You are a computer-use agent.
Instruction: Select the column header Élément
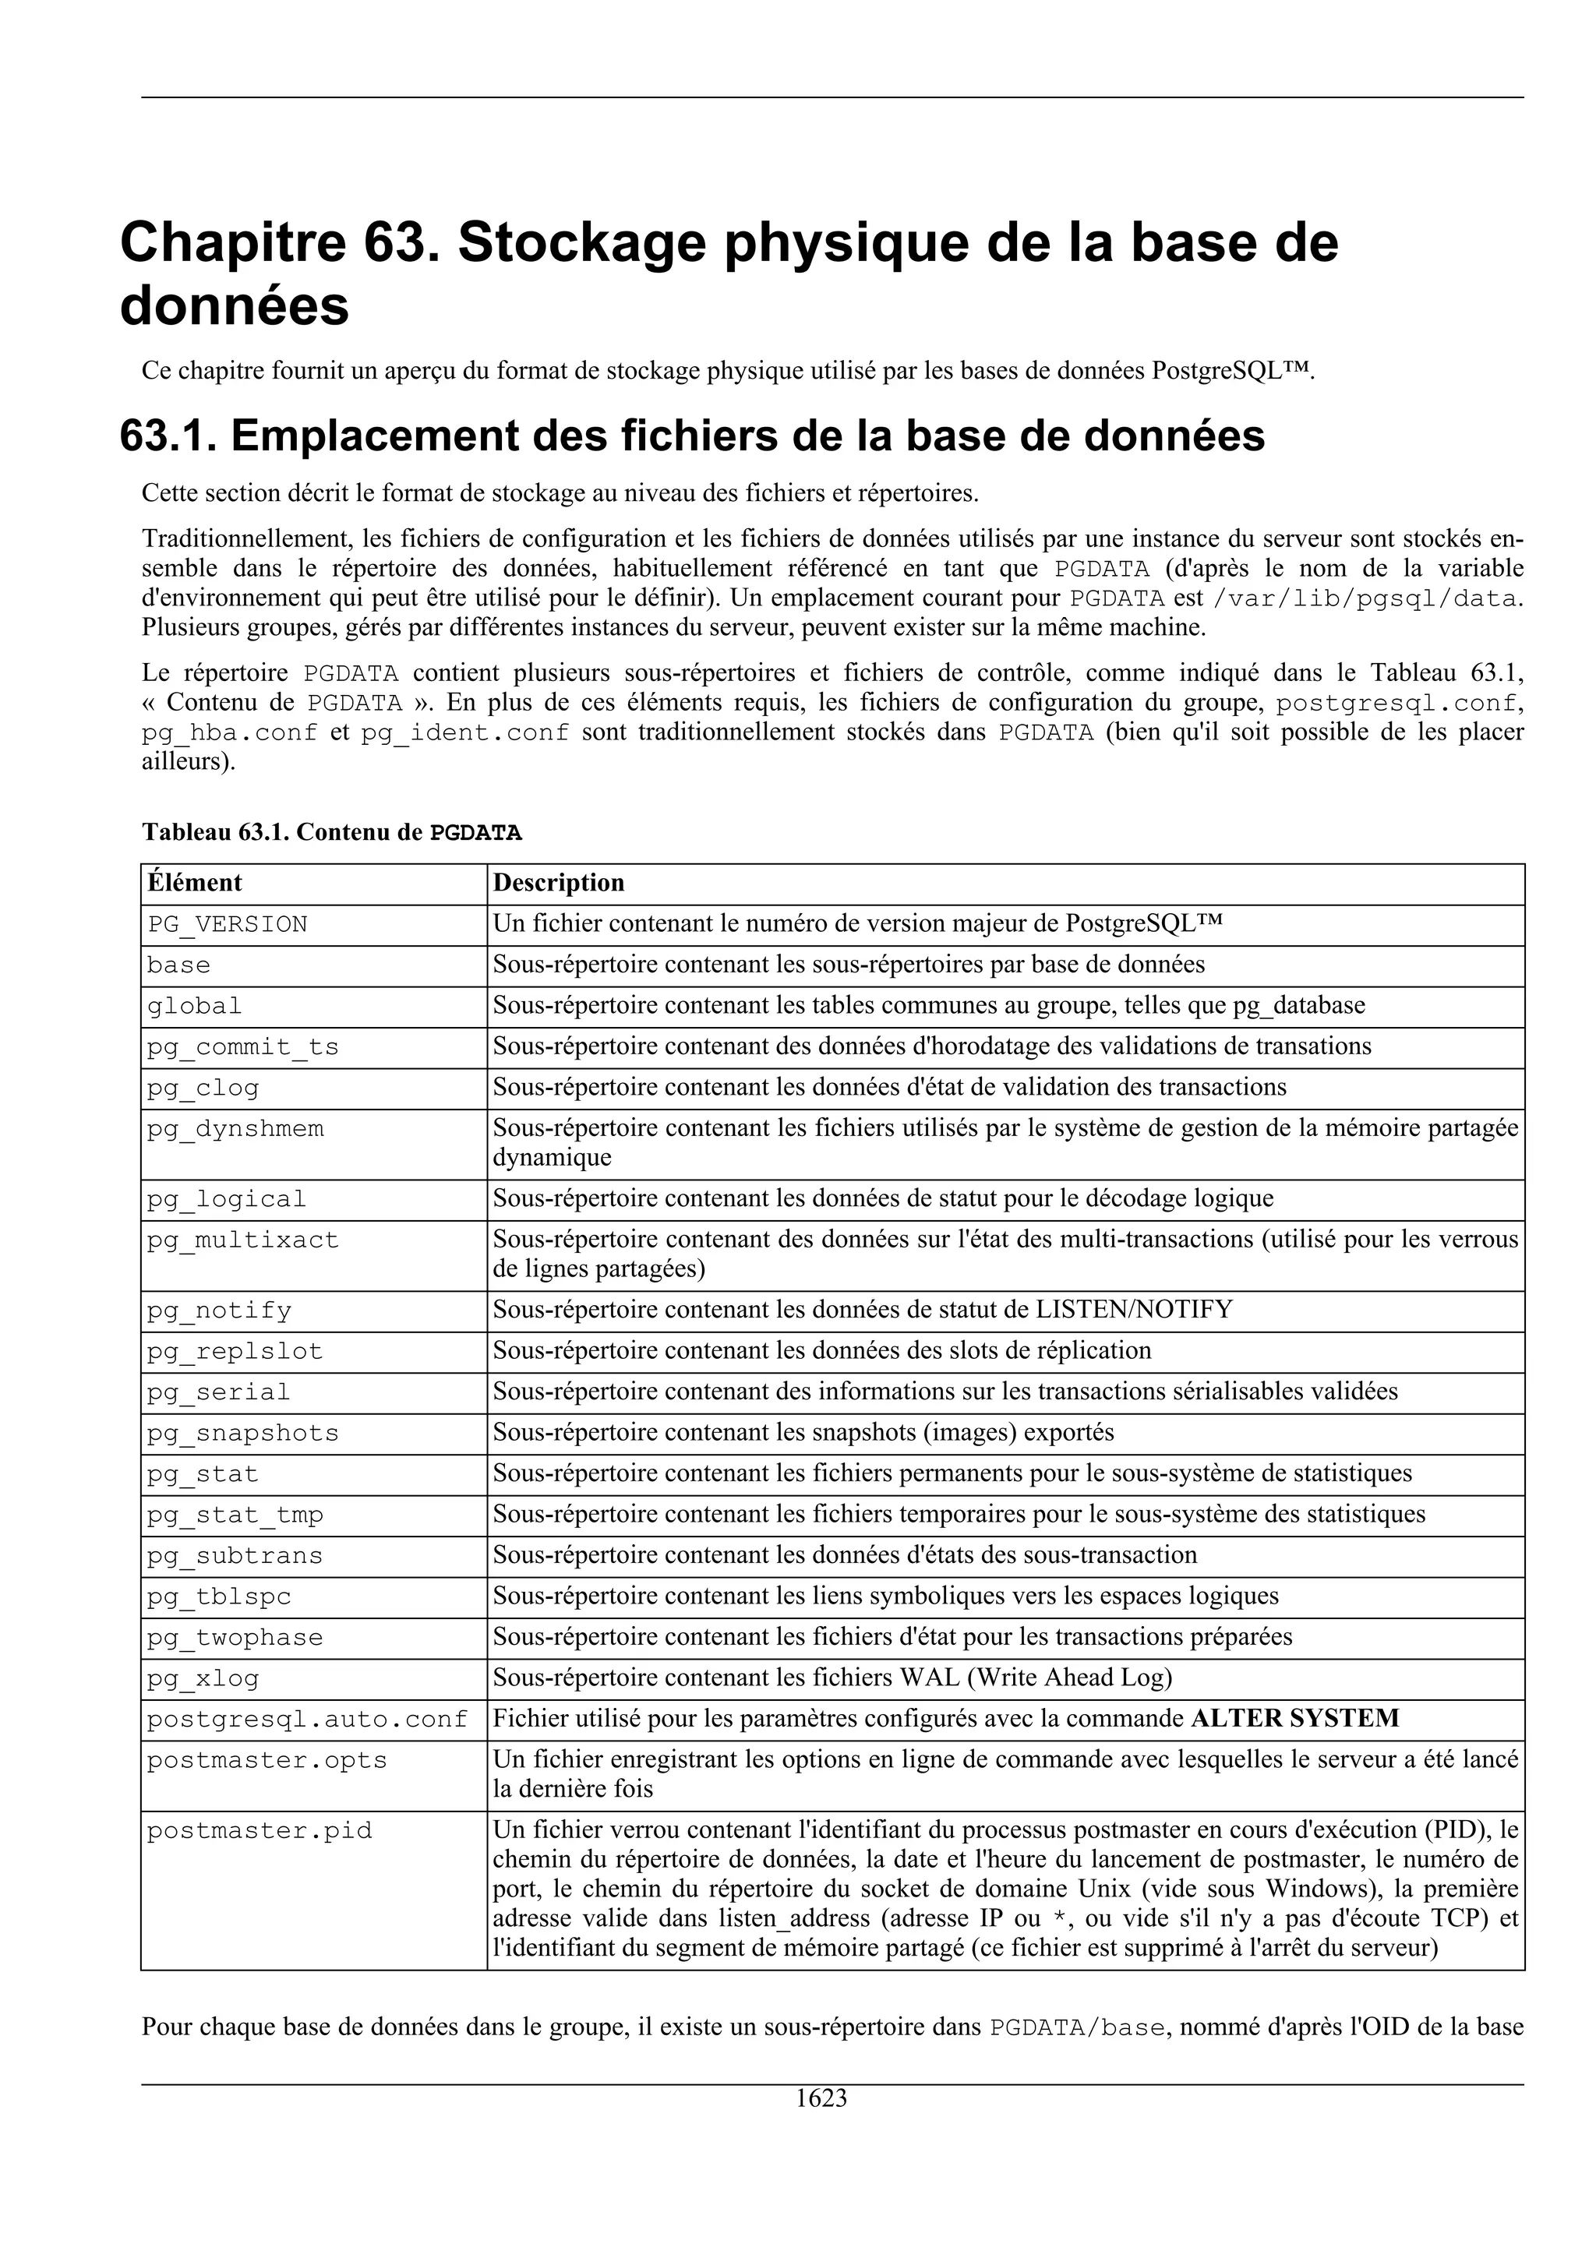[x=195, y=882]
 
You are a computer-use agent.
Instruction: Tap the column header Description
[x=559, y=882]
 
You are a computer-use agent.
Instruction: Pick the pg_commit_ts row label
[x=243, y=1047]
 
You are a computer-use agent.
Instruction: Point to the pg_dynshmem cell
[x=235, y=1129]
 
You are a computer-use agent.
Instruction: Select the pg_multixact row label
[x=243, y=1240]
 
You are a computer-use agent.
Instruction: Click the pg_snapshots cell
[x=243, y=1433]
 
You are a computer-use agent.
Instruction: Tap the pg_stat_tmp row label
[x=235, y=1515]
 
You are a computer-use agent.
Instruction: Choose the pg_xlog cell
[x=203, y=1678]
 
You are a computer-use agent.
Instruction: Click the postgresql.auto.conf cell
[x=307, y=1719]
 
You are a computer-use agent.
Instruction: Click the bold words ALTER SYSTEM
[x=1294, y=1719]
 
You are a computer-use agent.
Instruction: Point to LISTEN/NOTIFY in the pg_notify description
[x=1134, y=1309]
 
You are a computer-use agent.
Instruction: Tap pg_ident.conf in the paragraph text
[x=464, y=732]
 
